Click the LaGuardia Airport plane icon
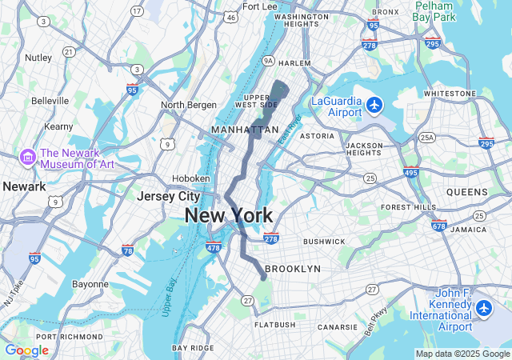pos(374,105)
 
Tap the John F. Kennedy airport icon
pos(483,308)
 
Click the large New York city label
pos(228,214)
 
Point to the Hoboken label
pos(191,178)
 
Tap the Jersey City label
pos(168,196)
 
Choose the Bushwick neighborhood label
pos(324,241)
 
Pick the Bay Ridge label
pos(193,348)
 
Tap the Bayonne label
pos(90,284)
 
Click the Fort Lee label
pos(259,6)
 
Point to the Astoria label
pos(317,136)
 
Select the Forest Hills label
pos(406,207)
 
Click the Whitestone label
pos(449,94)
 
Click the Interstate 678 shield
pos(438,226)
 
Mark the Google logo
pos(26,350)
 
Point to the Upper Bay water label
pos(170,296)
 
